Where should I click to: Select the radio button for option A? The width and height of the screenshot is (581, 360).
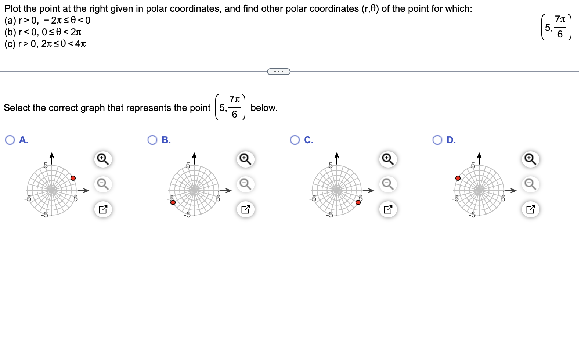pos(10,140)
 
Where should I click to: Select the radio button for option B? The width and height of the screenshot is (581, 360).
pos(152,140)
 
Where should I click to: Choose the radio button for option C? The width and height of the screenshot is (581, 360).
pos(295,140)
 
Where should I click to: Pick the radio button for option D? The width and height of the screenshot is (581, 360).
pos(437,140)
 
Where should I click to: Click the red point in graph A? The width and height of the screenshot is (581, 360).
pos(73,178)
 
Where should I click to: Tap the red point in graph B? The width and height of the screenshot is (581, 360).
pos(173,202)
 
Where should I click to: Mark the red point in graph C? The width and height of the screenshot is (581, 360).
pos(358,202)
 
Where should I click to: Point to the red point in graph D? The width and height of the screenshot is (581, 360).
pos(458,178)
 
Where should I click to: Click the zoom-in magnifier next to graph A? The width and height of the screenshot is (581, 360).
pos(103,159)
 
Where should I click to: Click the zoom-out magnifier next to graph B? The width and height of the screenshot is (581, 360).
pos(245,184)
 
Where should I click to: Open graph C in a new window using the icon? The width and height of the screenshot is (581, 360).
pos(388,210)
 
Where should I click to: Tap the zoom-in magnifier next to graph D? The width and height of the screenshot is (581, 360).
pos(530,159)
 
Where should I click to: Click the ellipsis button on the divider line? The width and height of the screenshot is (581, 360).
pos(279,72)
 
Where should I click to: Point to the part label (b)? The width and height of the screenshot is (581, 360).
pos(10,32)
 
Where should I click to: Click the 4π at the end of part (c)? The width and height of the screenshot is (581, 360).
pos(80,44)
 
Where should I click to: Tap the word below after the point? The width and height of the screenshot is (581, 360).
pos(264,108)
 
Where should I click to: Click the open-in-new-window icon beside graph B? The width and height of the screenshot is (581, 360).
pos(245,210)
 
